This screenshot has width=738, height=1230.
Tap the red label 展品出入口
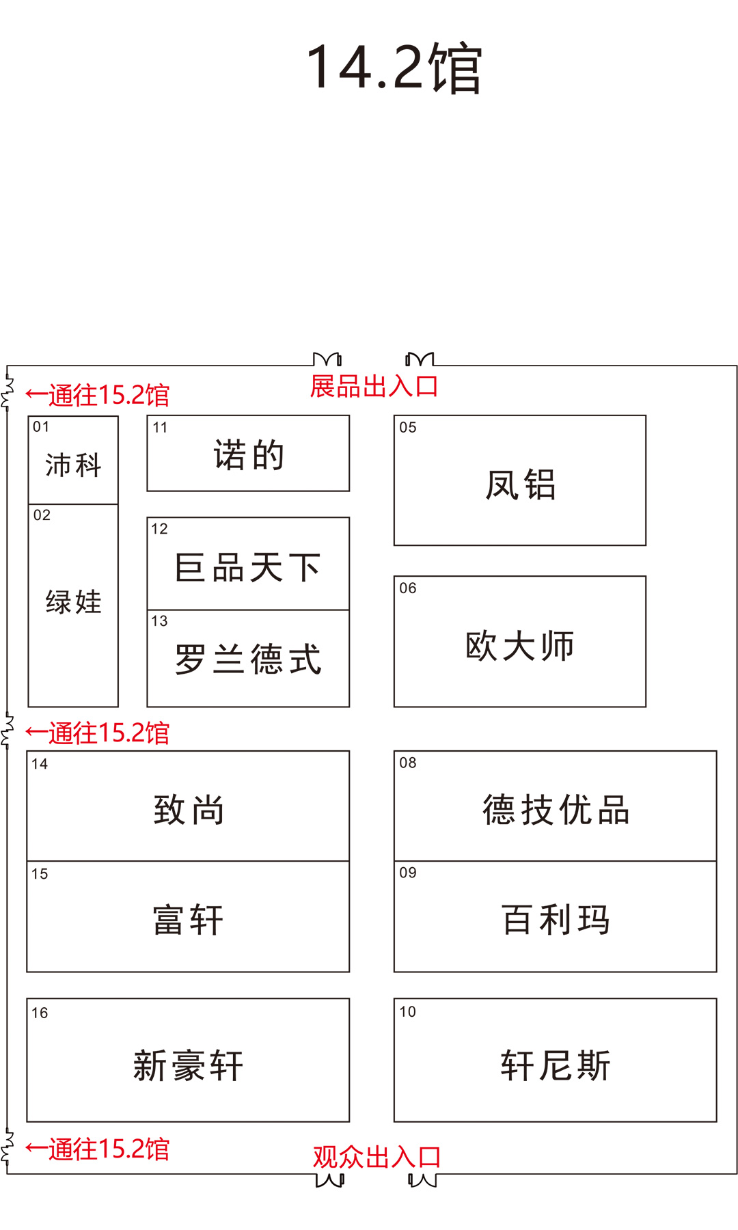point(374,386)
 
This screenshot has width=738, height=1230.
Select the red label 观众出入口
point(377,1157)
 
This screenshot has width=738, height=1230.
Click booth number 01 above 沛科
point(41,427)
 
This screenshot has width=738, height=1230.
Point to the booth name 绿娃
point(73,602)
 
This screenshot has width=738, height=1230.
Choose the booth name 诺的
point(248,455)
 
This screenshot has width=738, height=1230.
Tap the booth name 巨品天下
point(248,567)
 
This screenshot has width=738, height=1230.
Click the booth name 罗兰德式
point(248,659)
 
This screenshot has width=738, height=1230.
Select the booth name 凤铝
point(520,484)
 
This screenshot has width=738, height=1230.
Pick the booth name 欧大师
point(520,646)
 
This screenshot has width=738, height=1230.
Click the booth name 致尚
point(189,810)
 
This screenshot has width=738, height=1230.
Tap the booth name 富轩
point(189,919)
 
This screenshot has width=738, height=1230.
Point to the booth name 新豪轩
point(189,1065)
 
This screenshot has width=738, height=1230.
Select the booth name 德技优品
point(556,810)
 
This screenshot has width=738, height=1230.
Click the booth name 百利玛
point(556,919)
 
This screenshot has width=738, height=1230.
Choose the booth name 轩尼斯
point(556,1065)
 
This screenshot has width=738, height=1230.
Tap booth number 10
point(408,1012)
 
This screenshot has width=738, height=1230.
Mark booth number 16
point(40,1013)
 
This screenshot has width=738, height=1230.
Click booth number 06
point(408,588)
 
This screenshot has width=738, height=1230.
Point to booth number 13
point(159,621)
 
